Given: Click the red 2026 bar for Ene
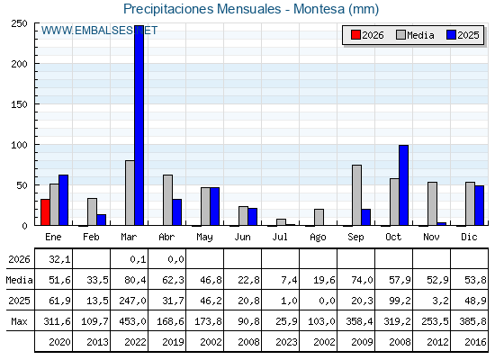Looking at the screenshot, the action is click(45, 212).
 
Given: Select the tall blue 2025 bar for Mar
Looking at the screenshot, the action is click(139, 125).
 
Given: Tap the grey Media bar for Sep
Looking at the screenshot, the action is click(356, 195).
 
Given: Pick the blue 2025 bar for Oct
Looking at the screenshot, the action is click(404, 185).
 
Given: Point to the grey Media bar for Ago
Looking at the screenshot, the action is click(319, 217).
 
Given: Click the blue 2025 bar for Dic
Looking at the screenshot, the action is click(479, 205).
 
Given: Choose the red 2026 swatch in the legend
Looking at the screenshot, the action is click(355, 35).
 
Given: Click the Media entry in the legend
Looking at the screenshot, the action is click(415, 35).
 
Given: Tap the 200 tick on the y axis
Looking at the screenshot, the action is click(19, 64).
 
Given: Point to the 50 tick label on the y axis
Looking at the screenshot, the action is click(22, 185).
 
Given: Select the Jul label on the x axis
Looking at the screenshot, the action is click(280, 237).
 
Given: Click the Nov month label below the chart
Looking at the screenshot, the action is click(431, 237).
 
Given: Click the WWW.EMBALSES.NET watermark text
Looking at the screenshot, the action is click(99, 31).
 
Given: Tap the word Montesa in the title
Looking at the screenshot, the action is click(319, 9).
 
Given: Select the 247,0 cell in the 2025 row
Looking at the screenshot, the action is click(133, 301).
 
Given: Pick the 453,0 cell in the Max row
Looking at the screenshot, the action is click(133, 321).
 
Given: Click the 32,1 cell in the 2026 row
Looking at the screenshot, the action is click(59, 259).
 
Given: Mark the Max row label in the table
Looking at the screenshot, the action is click(19, 321).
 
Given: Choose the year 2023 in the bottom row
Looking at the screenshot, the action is click(286, 342).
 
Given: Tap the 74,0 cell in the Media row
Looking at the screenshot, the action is click(362, 280).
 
